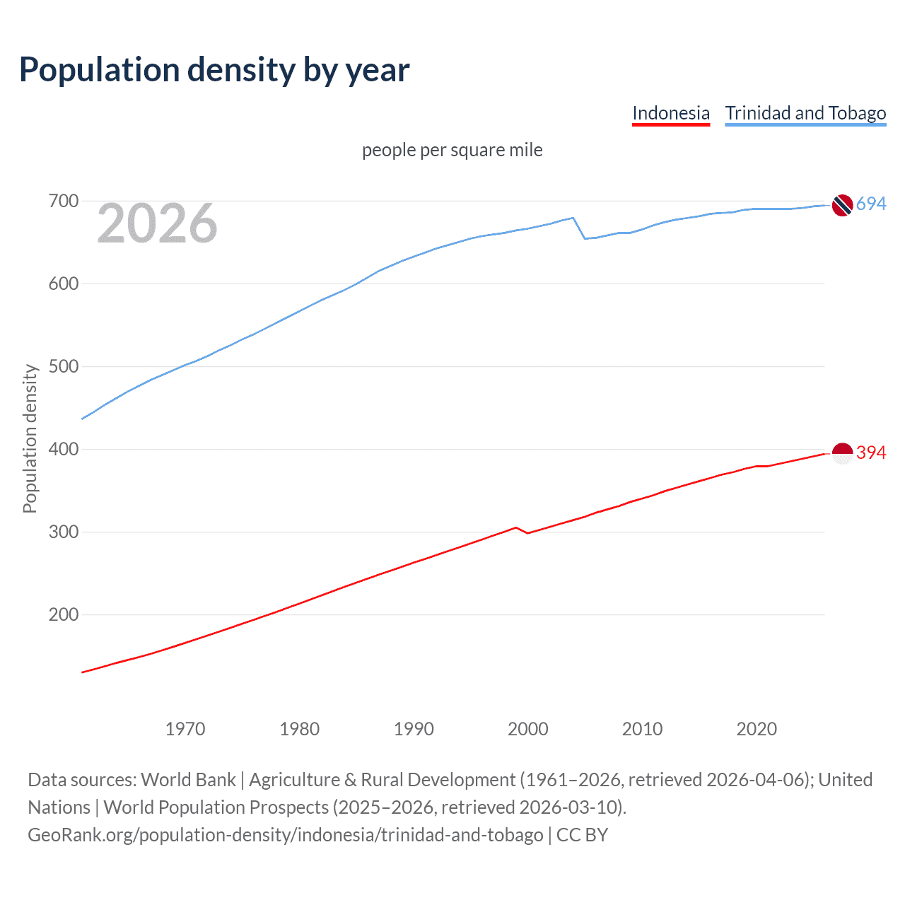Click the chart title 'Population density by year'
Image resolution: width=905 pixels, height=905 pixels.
[214, 70]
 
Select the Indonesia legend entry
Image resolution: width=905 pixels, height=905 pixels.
[670, 113]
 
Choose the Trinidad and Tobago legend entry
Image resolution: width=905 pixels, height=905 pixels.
[805, 113]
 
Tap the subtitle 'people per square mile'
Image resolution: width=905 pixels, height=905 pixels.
[452, 150]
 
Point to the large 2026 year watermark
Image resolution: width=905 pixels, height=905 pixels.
[157, 223]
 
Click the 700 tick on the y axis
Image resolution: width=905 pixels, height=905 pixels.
[64, 202]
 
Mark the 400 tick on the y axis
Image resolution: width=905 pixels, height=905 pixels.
[64, 449]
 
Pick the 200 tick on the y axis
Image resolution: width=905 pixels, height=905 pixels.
[64, 614]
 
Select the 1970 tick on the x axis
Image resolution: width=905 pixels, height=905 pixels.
[185, 729]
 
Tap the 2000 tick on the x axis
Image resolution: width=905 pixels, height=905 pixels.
[528, 729]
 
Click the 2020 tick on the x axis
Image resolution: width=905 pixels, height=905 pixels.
[757, 729]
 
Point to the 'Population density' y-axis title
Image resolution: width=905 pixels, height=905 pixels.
[30, 438]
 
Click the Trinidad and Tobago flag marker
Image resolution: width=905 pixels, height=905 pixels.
[842, 205]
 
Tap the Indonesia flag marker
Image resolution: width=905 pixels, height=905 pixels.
[842, 453]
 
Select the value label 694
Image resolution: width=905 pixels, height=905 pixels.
[871, 204]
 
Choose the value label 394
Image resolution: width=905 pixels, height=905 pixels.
[871, 452]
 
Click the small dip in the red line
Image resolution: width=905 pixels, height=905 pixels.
[527, 532]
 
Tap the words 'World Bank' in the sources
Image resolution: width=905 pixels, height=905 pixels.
[188, 780]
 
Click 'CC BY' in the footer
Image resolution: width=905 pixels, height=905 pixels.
[582, 835]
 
